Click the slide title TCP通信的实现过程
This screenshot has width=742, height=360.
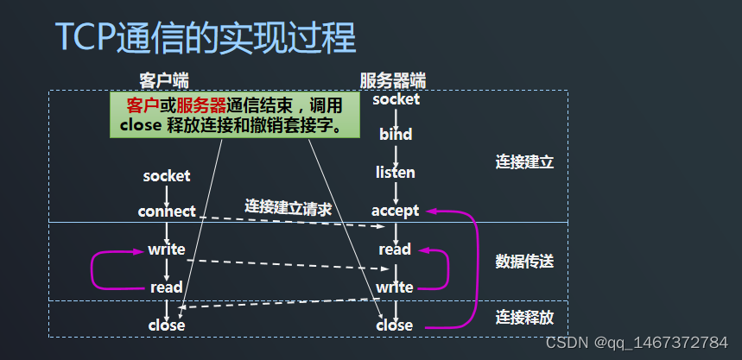(x=206, y=38)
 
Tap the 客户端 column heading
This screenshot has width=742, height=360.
(x=164, y=80)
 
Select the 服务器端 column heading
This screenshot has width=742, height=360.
(x=393, y=80)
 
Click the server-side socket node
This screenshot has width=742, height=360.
(x=396, y=99)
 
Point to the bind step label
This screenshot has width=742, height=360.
(x=396, y=135)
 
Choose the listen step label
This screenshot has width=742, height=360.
(x=396, y=173)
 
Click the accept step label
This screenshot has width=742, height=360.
(x=396, y=211)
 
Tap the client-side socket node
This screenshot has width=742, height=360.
(x=167, y=176)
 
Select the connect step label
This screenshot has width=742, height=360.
(x=167, y=212)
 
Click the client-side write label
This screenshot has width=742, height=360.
(x=167, y=249)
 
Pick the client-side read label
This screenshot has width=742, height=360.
(x=167, y=287)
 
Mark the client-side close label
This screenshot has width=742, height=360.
(x=167, y=325)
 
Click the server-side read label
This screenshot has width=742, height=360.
(x=395, y=249)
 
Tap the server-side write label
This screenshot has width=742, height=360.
(x=395, y=287)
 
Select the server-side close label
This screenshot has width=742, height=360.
(x=395, y=325)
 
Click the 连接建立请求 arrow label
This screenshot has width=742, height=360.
(x=289, y=207)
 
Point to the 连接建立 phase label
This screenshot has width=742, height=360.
(x=524, y=161)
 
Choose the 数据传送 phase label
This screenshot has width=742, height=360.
(x=524, y=261)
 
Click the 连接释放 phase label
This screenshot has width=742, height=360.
(x=524, y=317)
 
